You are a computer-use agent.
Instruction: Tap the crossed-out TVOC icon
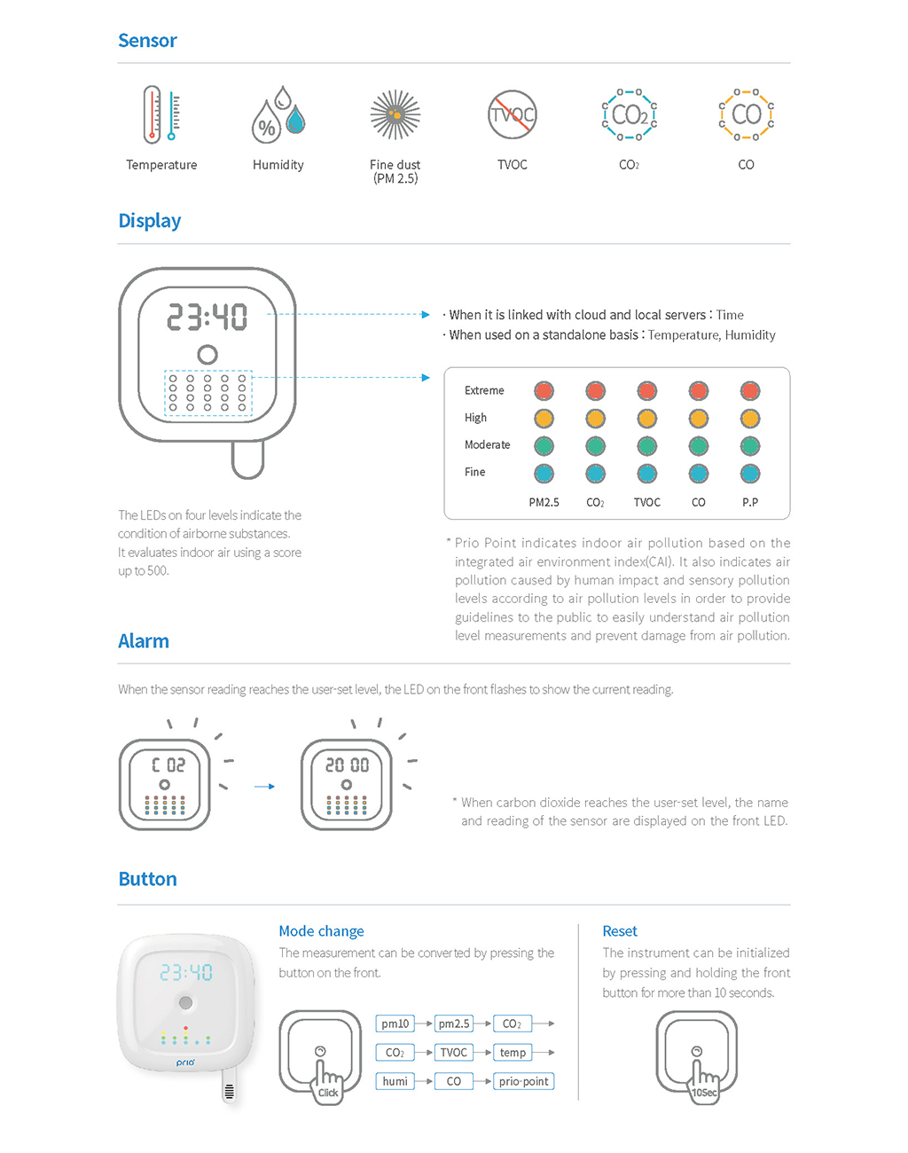pos(513,114)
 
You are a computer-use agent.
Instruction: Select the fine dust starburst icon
pos(395,114)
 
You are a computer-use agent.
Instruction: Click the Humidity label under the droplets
pos(278,165)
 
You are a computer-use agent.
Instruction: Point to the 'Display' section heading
pos(150,221)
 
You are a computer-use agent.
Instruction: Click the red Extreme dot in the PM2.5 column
pos(544,391)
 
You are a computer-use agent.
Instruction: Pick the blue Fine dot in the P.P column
pos(750,474)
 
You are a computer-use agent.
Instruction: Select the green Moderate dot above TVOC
pos(647,446)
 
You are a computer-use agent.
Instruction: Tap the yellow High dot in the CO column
pos(699,419)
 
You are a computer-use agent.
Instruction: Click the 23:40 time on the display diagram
pos(207,317)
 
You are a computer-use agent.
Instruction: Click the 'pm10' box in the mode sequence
pos(395,1024)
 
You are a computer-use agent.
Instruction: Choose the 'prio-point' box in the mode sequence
pos(523,1081)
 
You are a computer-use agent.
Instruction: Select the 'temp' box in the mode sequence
pos(513,1053)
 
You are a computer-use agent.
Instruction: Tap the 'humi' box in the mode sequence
pos(395,1081)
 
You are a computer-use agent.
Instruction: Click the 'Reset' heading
pos(620,931)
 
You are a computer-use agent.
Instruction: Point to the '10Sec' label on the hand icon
pos(705,1093)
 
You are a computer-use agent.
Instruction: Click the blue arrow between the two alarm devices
pos(264,787)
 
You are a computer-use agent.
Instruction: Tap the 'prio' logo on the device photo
pos(185,1063)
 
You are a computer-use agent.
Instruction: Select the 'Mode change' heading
pos(321,931)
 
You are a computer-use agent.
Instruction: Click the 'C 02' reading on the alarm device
pos(168,765)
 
